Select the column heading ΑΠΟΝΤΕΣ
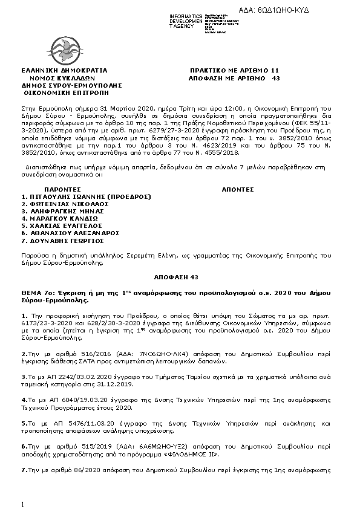(238, 189)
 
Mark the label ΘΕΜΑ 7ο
(35, 291)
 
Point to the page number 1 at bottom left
(22, 504)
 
